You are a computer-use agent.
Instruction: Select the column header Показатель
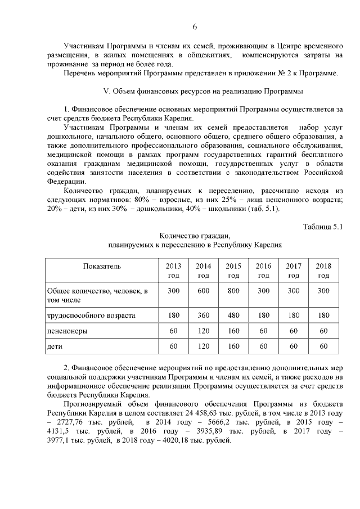click(x=102, y=266)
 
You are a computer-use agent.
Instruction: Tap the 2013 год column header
click(x=173, y=271)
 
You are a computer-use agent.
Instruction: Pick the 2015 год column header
click(x=233, y=271)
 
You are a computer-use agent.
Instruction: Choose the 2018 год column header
click(x=323, y=271)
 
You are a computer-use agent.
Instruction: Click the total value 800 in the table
click(x=233, y=290)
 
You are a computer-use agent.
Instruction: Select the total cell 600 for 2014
click(x=204, y=290)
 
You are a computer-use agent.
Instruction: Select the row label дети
click(x=55, y=346)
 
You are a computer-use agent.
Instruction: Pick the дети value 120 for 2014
click(x=204, y=346)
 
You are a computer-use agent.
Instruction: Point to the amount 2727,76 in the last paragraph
click(x=79, y=421)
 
